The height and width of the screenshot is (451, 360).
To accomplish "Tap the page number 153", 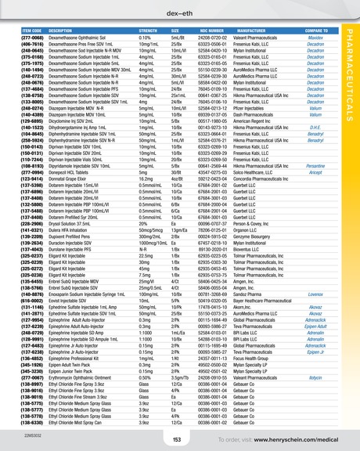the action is [x=177, y=440].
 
